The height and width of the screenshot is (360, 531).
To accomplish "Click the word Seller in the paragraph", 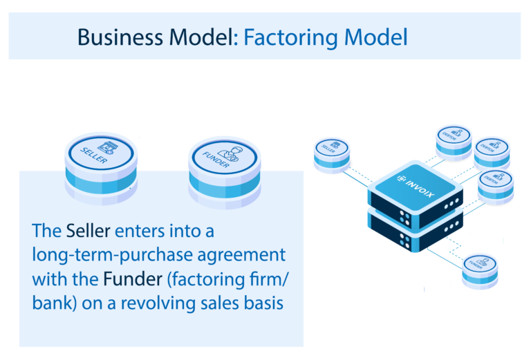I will click(x=88, y=230).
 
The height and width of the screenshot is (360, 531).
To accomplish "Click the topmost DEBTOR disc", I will click(x=454, y=138).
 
